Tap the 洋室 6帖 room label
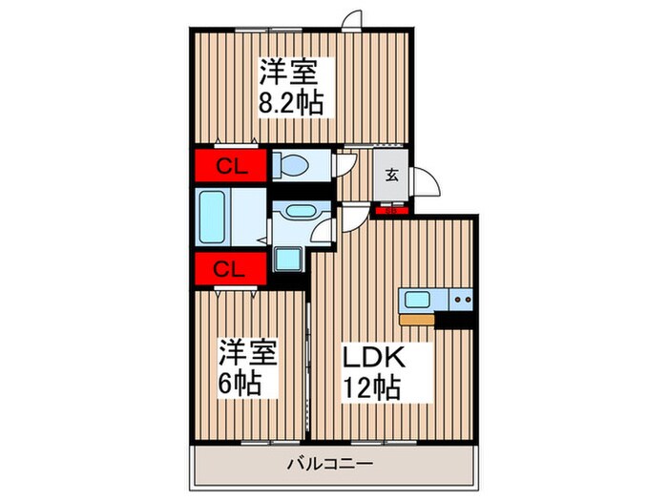[x=251, y=367]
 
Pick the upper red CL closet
[x=232, y=166]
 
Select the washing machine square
[x=285, y=258]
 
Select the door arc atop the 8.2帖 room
[x=353, y=19]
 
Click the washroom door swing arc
[x=324, y=229]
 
